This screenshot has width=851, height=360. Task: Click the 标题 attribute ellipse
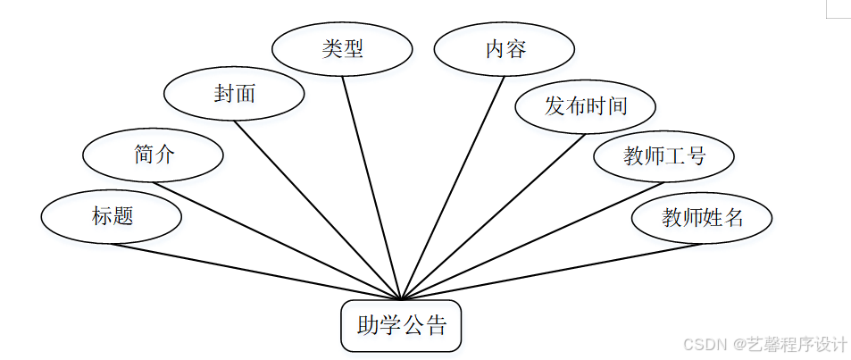[112, 216]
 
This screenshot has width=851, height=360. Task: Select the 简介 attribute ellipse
[153, 155]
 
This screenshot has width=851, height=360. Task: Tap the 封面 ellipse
[235, 93]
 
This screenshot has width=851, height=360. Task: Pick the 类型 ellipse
[342, 48]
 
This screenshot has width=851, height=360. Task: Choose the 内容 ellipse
[505, 48]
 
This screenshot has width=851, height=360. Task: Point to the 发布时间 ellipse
[585, 107]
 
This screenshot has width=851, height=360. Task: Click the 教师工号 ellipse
[663, 156]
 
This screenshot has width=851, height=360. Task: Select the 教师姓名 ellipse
[701, 217]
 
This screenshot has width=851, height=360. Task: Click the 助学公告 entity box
[401, 326]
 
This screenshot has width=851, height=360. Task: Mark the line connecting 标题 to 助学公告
[259, 272]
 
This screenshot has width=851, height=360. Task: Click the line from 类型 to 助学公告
[371, 186]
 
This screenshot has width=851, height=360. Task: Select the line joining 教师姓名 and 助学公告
[551, 271]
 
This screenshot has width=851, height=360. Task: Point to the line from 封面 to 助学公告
[319, 209]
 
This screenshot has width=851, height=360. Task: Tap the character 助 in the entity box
[367, 326]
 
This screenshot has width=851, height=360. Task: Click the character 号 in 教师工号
[697, 156]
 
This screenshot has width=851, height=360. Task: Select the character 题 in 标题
[122, 216]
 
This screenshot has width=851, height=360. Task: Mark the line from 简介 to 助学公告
[277, 240]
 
